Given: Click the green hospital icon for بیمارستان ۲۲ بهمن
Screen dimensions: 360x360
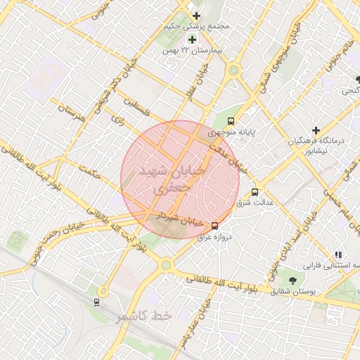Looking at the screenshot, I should click(191, 39).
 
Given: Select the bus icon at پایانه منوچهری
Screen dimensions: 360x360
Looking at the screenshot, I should click(231, 120).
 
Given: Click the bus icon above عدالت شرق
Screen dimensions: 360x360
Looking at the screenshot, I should click(255, 191).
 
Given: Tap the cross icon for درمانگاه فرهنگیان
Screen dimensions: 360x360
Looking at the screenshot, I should click(316, 130).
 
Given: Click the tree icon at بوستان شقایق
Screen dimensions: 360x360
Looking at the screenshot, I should click(285, 281).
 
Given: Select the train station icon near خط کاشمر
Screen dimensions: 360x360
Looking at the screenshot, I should click(96, 302).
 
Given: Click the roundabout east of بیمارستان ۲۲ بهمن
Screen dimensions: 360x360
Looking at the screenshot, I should click(233, 70).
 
